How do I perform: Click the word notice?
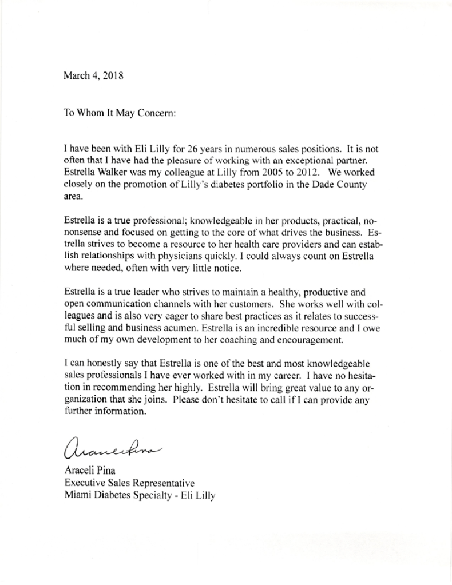point(213,269)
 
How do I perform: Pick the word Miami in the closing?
point(76,496)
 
